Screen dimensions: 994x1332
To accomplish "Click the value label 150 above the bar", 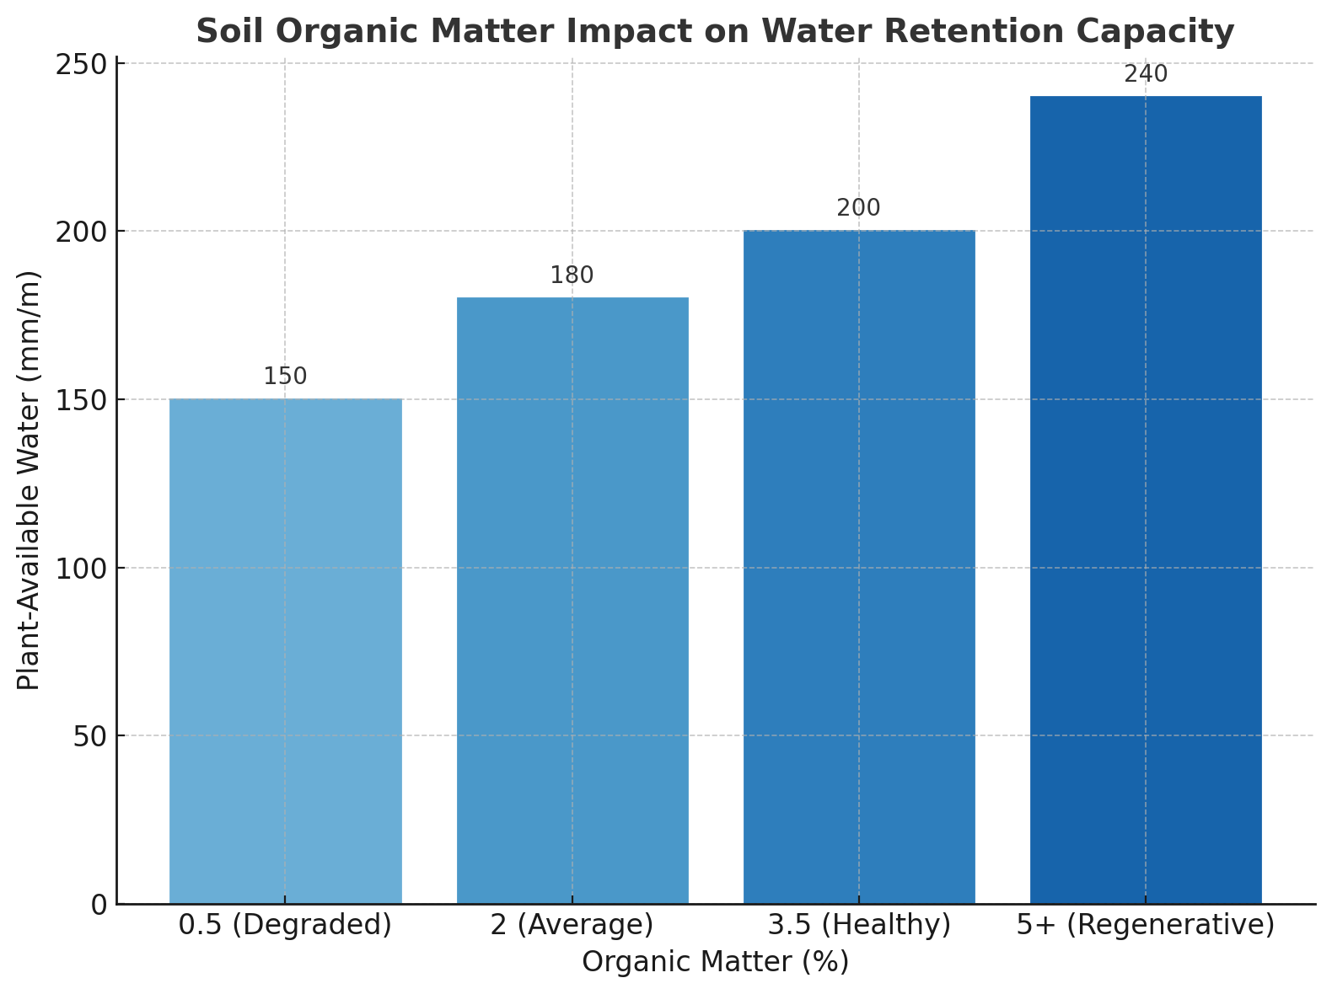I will (285, 377).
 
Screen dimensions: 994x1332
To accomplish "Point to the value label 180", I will (572, 275).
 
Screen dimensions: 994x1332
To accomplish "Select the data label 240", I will (1146, 74).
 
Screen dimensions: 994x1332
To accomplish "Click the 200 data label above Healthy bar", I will (859, 208).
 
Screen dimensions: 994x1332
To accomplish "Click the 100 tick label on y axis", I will (82, 569).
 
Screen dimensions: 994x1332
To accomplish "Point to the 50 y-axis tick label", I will (89, 736).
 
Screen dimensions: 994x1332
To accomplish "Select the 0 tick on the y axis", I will (99, 905).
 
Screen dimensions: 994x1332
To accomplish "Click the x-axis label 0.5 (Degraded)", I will (285, 925).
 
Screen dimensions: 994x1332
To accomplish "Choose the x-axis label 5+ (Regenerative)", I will (1146, 925).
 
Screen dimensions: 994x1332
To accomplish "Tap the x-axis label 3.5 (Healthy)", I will (859, 925).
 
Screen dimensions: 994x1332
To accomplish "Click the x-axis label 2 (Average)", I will (572, 925).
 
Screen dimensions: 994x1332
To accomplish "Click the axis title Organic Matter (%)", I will (715, 962).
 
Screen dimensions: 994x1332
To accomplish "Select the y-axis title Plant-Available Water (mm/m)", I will (30, 480).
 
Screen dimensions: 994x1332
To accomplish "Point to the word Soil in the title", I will (224, 32).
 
